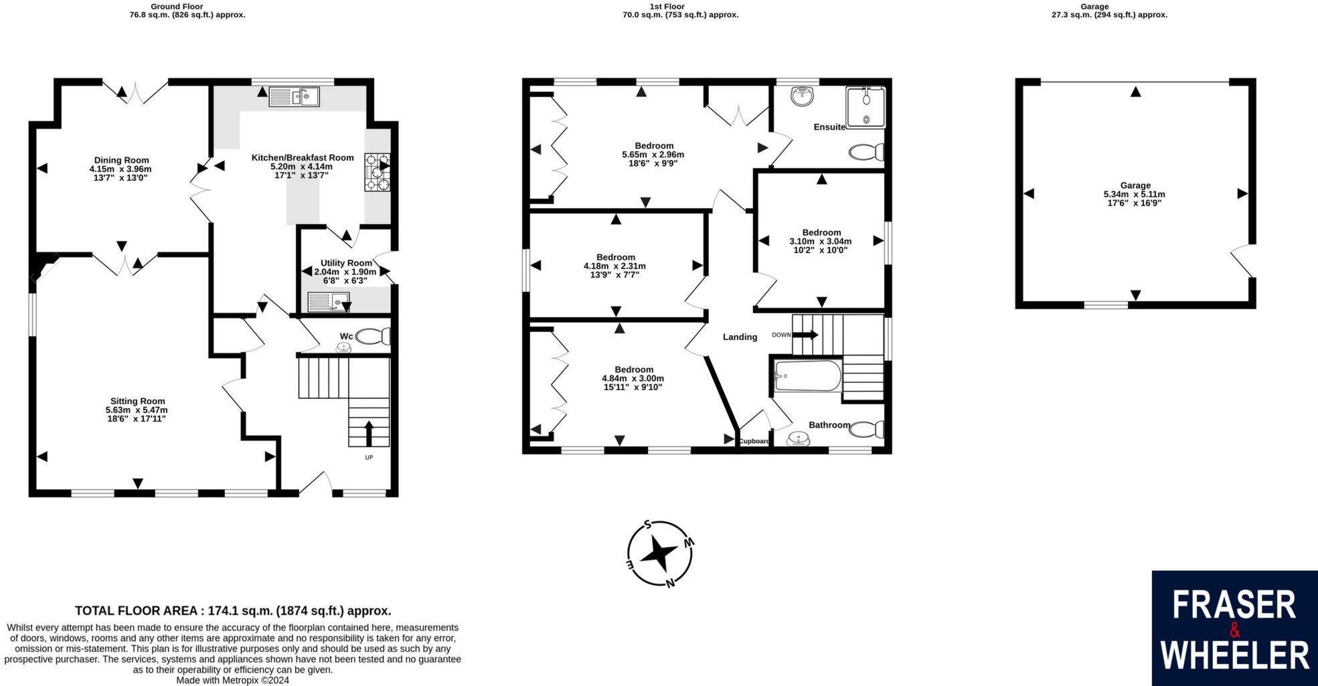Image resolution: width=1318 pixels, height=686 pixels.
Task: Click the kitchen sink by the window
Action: pos(295,98)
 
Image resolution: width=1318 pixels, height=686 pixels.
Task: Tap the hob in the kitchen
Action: pos(377,173)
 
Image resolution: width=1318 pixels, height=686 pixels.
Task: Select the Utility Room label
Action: pos(345,263)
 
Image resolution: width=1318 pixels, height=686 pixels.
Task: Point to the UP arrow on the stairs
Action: pos(368,433)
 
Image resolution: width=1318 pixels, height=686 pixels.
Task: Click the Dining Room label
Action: pos(121,160)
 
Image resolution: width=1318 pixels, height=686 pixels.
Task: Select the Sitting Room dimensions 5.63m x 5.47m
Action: pos(137,410)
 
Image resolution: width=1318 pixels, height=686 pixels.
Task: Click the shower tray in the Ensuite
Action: pos(866,107)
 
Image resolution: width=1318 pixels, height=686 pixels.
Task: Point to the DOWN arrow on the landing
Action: pos(805,335)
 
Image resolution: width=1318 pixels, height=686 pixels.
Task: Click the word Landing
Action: pos(740,337)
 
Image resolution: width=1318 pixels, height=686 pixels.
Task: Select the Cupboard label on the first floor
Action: pos(754,441)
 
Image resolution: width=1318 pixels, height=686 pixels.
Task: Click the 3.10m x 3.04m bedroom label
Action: pos(821,242)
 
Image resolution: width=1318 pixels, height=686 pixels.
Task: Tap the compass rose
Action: pos(660,554)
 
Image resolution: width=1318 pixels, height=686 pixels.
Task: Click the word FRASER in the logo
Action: pos(1234,605)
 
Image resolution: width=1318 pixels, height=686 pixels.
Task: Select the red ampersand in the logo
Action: pos(1235,630)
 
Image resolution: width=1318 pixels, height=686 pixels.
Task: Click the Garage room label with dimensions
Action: pos(1135,194)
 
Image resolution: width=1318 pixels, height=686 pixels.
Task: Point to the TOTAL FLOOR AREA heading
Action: pos(232,610)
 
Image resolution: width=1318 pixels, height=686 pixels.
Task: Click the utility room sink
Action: pos(329,303)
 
